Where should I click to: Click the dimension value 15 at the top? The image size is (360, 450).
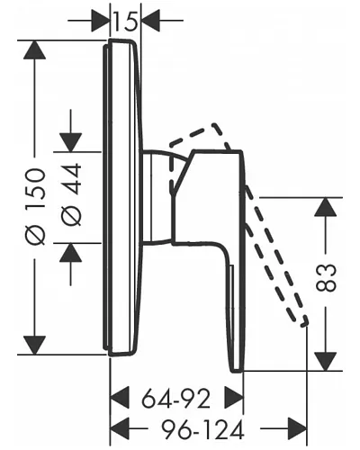click(125, 21)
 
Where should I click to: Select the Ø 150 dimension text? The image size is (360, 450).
click(35, 207)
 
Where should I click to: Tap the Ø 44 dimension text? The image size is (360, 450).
click(71, 194)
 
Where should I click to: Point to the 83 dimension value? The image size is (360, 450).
click(326, 278)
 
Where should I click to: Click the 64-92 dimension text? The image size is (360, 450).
click(175, 400)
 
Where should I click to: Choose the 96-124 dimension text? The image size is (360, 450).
click(202, 429)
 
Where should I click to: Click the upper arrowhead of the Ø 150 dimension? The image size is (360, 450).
click(35, 49)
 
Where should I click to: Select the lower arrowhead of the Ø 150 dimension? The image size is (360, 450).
click(35, 345)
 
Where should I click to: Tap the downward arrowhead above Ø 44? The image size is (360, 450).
click(71, 142)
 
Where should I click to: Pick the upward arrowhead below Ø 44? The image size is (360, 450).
click(71, 253)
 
